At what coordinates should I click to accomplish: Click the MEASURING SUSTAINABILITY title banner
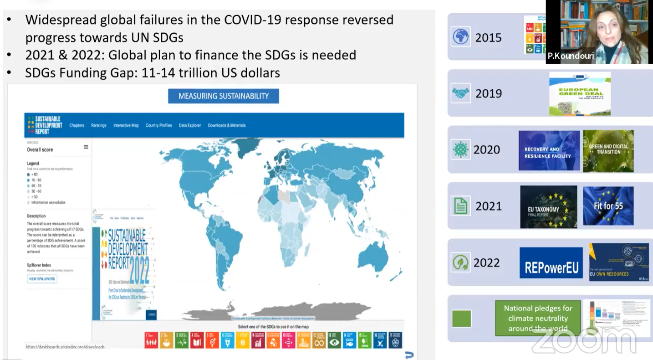(x=223, y=96)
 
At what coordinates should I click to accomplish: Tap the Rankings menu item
(x=98, y=125)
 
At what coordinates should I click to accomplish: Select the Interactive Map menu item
(x=126, y=125)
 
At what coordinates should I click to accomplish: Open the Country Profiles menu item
(x=158, y=125)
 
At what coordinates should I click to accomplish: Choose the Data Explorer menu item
(x=189, y=125)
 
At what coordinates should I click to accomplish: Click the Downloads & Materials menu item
(x=226, y=125)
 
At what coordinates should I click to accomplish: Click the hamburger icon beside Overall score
(x=86, y=147)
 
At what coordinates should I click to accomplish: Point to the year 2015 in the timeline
(x=488, y=37)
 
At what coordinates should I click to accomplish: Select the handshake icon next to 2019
(x=460, y=93)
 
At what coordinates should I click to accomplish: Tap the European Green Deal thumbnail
(x=579, y=93)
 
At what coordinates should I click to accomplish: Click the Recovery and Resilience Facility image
(x=549, y=151)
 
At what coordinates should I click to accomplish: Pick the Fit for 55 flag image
(x=608, y=206)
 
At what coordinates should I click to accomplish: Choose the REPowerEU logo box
(x=551, y=263)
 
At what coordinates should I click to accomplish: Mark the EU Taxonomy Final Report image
(x=548, y=207)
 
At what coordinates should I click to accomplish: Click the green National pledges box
(x=538, y=318)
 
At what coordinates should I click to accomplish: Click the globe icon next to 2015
(x=460, y=37)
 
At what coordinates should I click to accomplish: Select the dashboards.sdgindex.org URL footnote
(x=65, y=347)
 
